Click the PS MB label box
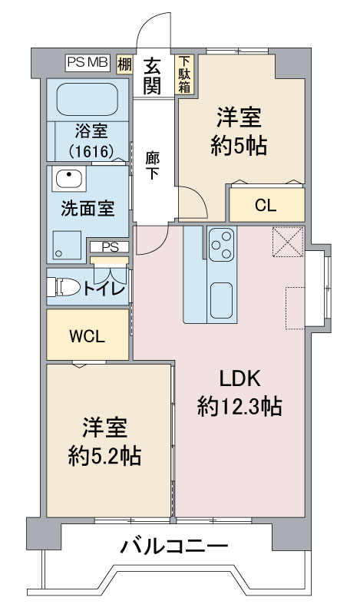click(x=88, y=63)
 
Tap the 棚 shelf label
click(x=125, y=64)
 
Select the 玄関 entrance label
click(x=152, y=76)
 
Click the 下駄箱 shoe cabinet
click(x=185, y=74)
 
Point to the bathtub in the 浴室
click(x=88, y=99)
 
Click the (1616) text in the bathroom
click(x=91, y=150)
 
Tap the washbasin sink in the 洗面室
click(x=69, y=178)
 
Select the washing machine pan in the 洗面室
click(x=67, y=244)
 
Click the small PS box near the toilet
click(x=109, y=247)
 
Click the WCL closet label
click(x=88, y=336)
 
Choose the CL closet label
click(x=266, y=205)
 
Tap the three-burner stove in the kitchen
click(x=222, y=244)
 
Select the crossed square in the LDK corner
click(x=289, y=242)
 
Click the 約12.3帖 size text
click(x=239, y=406)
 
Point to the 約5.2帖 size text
click(x=104, y=455)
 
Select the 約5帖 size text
click(x=239, y=146)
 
